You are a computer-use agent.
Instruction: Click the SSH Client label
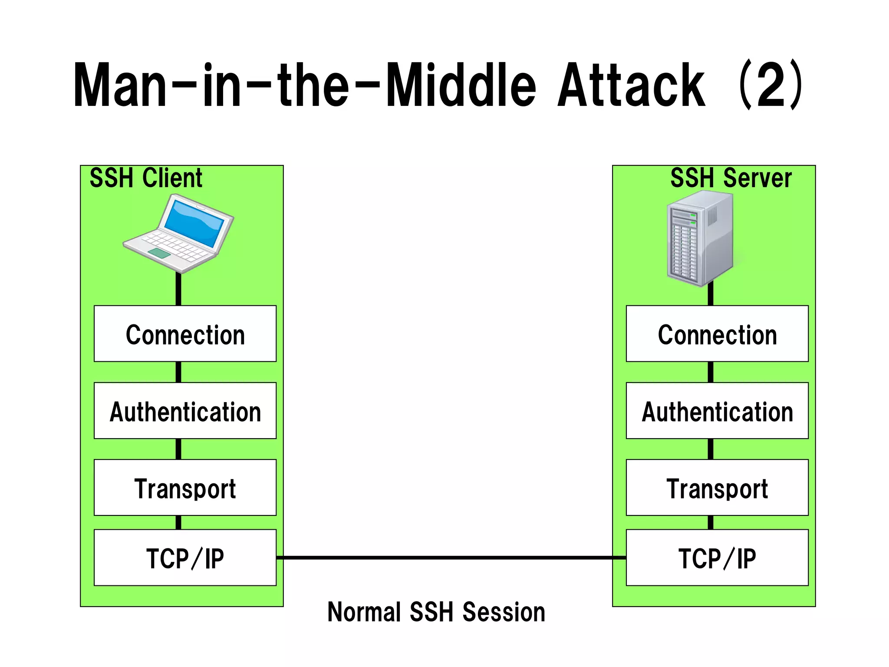click(146, 178)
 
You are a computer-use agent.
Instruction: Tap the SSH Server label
click(731, 178)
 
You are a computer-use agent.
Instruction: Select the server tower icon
click(700, 238)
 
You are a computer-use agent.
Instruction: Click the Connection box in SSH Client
click(185, 333)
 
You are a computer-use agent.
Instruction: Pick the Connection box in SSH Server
click(717, 333)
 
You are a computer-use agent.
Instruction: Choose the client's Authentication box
click(185, 411)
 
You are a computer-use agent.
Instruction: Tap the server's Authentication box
click(717, 411)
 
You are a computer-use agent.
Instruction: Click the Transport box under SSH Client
click(185, 488)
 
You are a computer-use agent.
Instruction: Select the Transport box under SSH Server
click(717, 488)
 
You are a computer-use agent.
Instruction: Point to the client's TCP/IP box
click(185, 558)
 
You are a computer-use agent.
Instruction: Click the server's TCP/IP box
click(717, 558)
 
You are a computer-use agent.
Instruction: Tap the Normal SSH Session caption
click(436, 612)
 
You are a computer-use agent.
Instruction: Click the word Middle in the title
click(461, 85)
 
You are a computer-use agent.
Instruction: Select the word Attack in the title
click(631, 85)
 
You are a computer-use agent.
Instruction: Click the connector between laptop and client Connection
click(178, 289)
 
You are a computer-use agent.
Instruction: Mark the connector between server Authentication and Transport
click(711, 449)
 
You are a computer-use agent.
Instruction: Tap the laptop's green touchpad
click(159, 254)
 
